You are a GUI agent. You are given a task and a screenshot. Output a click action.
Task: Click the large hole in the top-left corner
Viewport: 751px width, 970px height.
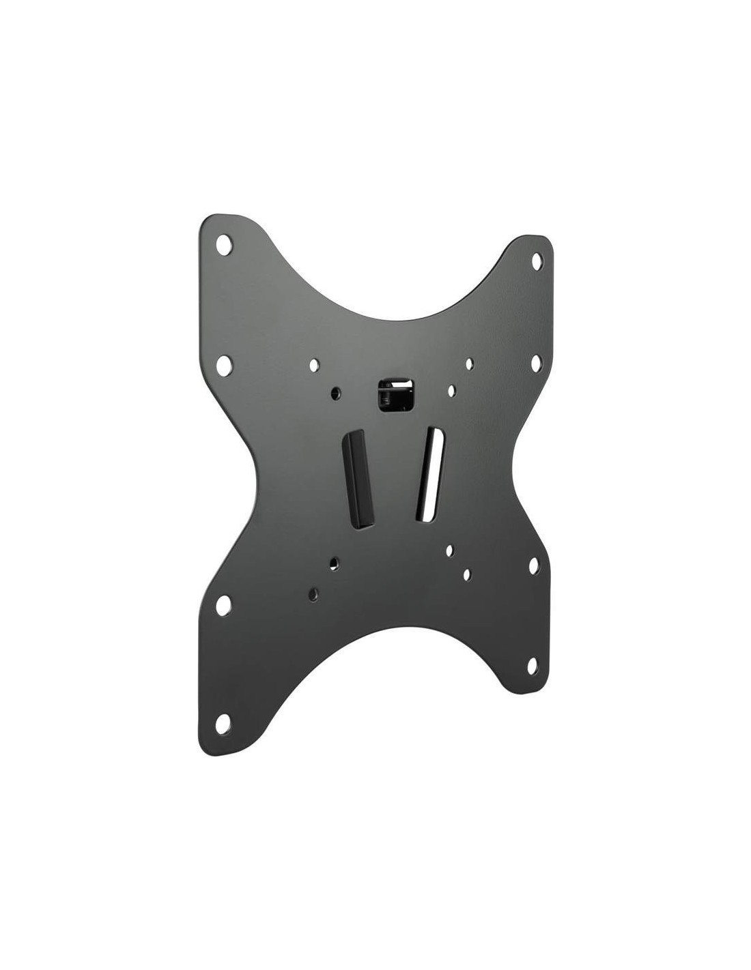point(224,244)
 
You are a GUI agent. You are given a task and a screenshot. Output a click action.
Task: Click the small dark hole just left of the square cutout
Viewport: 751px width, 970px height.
point(335,394)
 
